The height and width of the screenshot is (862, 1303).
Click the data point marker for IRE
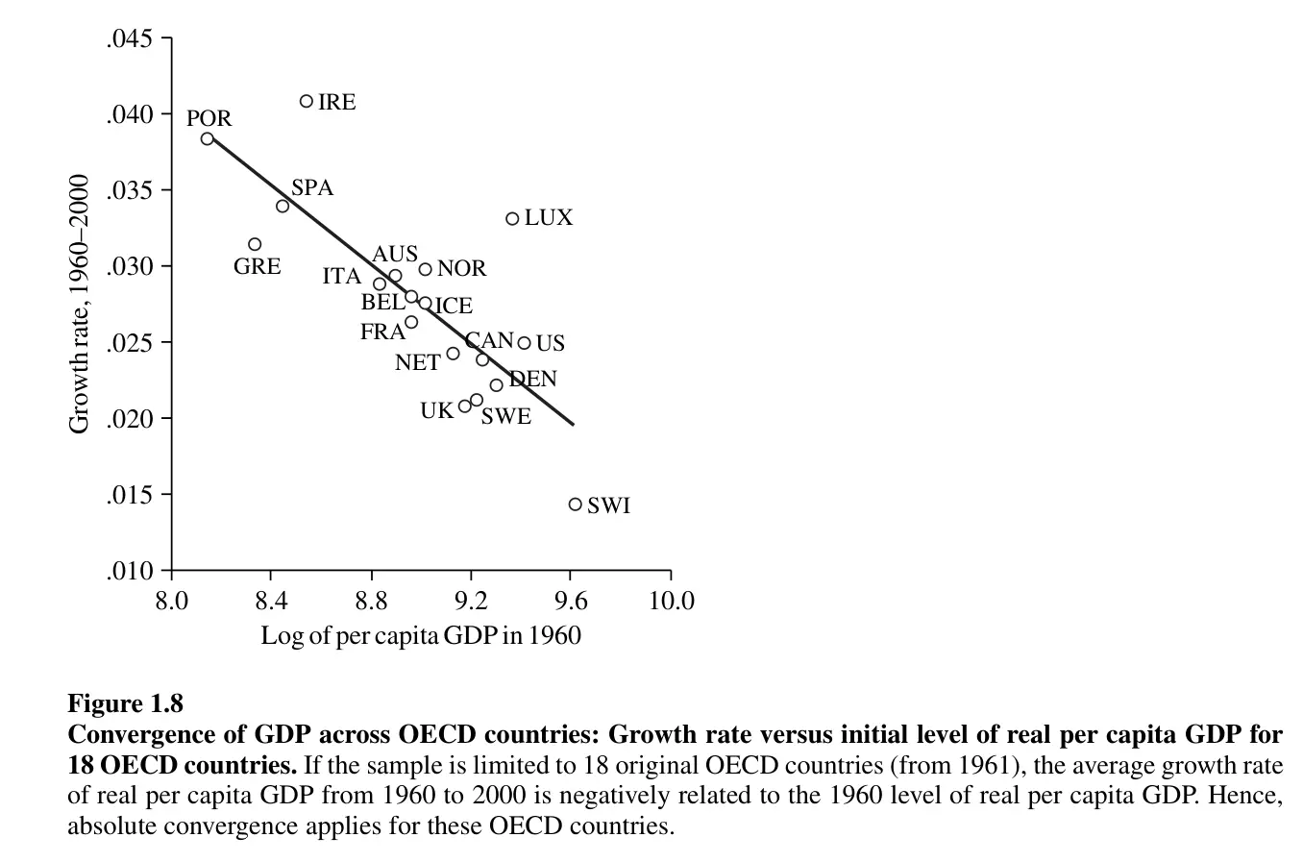[307, 101]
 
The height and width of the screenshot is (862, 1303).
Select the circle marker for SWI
[576, 505]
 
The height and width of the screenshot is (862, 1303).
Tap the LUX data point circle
[512, 219]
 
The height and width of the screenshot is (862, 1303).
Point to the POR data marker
[208, 138]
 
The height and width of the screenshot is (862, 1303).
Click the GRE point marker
[255, 245]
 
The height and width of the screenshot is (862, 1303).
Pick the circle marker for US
[524, 343]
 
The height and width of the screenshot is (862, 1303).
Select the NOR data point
[425, 269]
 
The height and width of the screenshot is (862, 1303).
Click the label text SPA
[312, 188]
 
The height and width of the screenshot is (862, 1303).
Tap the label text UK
[436, 411]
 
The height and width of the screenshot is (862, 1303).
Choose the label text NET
[417, 363]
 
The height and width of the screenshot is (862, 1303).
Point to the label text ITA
[341, 277]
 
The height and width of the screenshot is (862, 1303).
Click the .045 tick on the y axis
[129, 39]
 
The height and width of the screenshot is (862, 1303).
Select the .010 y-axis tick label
[129, 572]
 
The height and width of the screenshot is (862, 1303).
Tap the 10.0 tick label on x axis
[671, 602]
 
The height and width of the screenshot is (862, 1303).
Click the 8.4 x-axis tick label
[271, 602]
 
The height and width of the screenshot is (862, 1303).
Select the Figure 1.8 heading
[125, 704]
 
